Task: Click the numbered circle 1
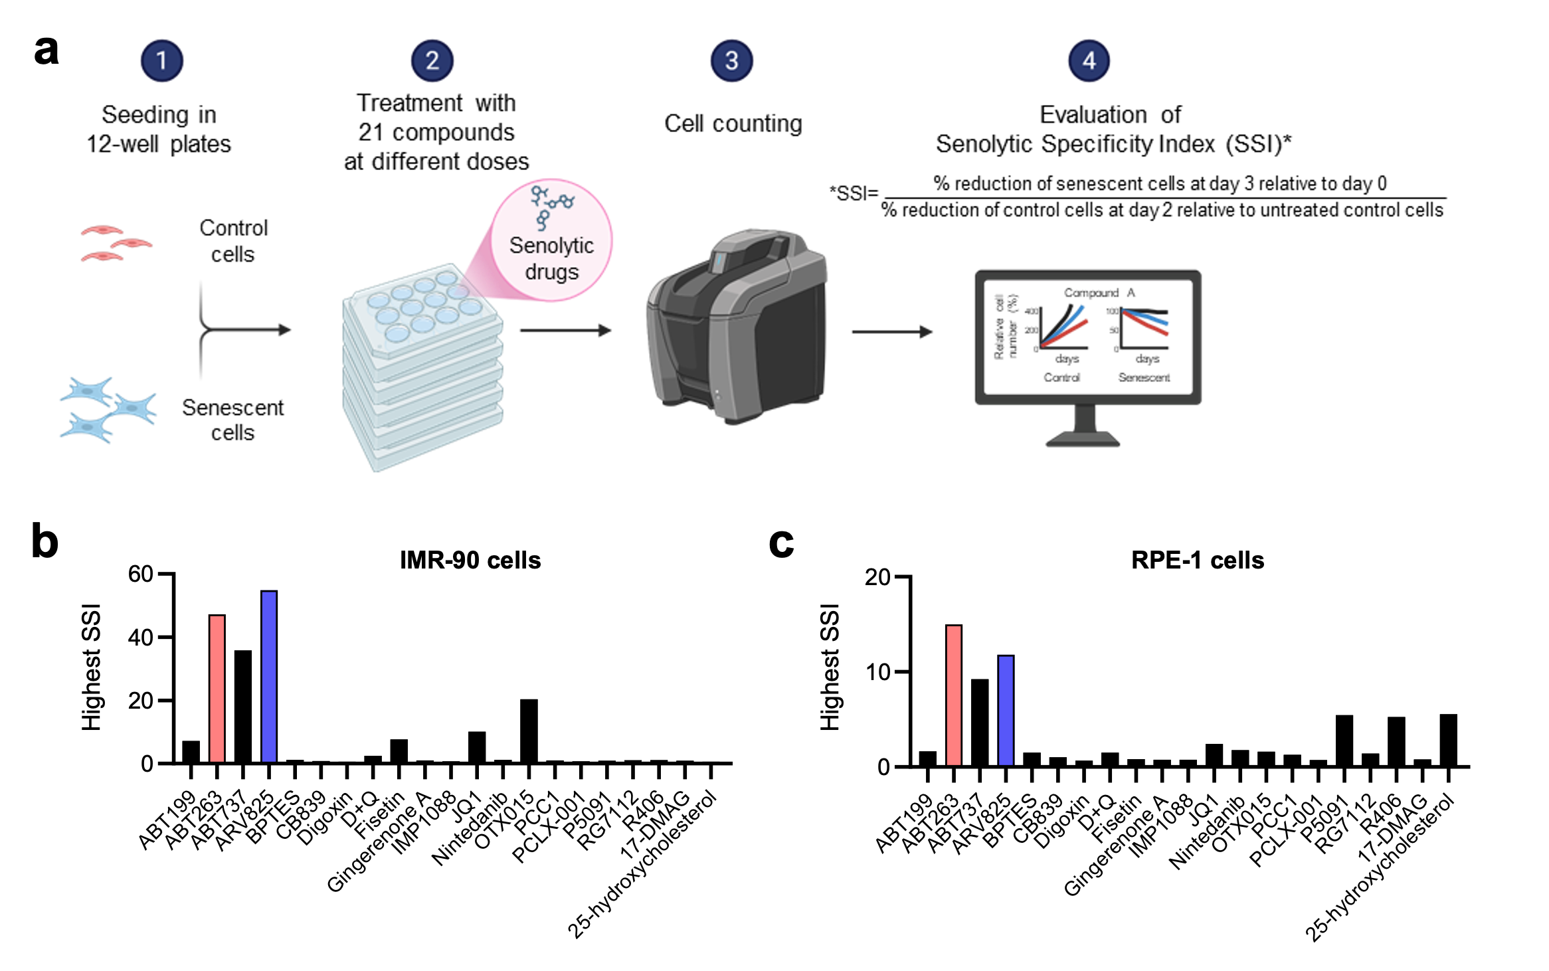coord(161,61)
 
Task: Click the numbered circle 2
coord(432,61)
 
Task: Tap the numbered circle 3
coord(731,61)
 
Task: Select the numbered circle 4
coord(1089,61)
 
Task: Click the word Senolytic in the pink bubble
coord(551,246)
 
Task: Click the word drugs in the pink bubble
coord(551,272)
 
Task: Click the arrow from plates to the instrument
coord(565,330)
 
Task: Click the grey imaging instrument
coord(737,325)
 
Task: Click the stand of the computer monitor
coord(1084,428)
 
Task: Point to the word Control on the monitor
coord(1062,377)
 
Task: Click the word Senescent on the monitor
coord(1144,377)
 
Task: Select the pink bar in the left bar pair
coord(217,688)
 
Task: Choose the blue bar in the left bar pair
coord(269,676)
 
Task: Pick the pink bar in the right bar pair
coord(954,695)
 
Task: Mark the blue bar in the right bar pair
coord(1006,710)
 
